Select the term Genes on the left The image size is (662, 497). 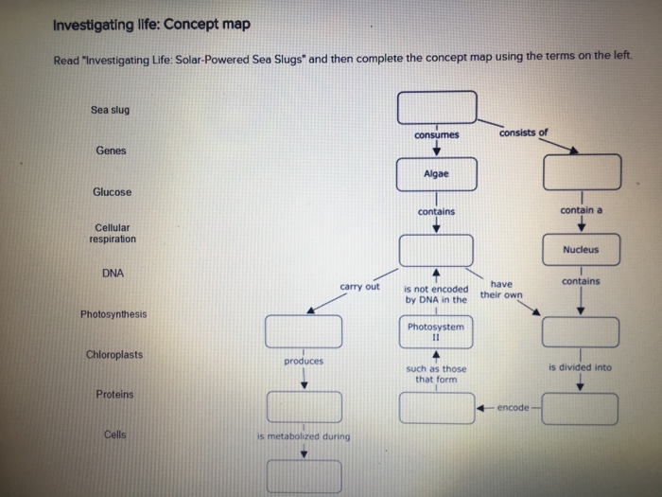(111, 151)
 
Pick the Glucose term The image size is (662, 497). (113, 192)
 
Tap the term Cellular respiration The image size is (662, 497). (113, 233)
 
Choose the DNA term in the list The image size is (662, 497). (113, 274)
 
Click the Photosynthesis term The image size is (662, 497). (113, 313)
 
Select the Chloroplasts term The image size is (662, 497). (113, 354)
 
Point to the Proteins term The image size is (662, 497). (114, 394)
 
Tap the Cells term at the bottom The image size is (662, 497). (115, 435)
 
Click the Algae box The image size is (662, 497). (437, 174)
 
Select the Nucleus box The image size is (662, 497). (580, 250)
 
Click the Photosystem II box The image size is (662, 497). (436, 331)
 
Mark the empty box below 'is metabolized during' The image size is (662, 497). (303, 475)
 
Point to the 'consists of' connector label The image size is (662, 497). (525, 133)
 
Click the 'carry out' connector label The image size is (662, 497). (360, 286)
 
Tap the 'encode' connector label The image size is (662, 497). (513, 407)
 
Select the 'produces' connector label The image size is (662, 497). (303, 362)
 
